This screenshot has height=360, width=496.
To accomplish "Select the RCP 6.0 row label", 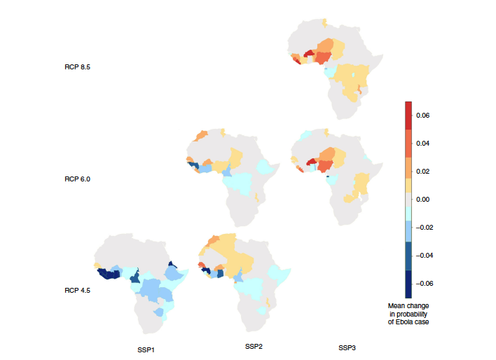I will pos(77,179).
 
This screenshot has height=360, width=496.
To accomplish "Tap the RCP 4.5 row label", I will pos(77,289).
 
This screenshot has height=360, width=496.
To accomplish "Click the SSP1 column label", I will pos(146,348).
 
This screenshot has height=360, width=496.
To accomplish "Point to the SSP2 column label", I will pos(254,347).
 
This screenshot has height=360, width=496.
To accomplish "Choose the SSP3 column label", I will pos(347,348).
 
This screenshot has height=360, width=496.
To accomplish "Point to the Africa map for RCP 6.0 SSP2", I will pos(235,175).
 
